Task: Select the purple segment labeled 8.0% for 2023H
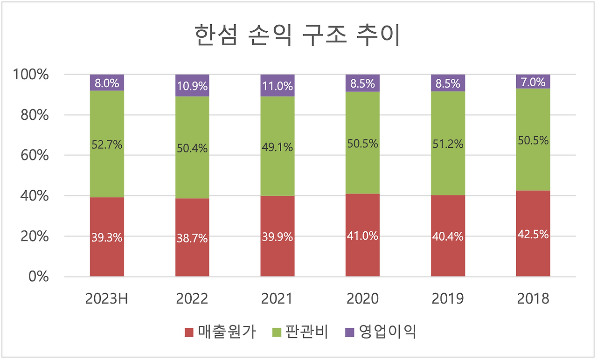click(x=107, y=83)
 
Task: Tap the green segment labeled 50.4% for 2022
click(x=192, y=148)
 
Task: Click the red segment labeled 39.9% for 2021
click(x=278, y=236)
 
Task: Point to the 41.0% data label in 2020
click(x=362, y=236)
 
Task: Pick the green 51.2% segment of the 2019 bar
click(x=448, y=144)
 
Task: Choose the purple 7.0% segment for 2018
click(x=533, y=82)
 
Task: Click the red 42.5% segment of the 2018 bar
click(x=533, y=234)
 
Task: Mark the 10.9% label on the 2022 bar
click(x=192, y=86)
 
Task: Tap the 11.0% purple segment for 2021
click(x=278, y=86)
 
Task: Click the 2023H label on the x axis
click(x=107, y=298)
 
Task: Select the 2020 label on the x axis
click(x=362, y=298)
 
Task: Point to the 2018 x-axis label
click(x=533, y=298)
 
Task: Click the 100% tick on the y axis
click(x=31, y=75)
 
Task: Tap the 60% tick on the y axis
click(x=35, y=155)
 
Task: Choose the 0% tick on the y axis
click(x=38, y=277)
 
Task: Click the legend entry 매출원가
click(x=220, y=332)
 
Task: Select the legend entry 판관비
click(x=300, y=332)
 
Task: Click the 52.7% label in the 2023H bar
click(x=107, y=145)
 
